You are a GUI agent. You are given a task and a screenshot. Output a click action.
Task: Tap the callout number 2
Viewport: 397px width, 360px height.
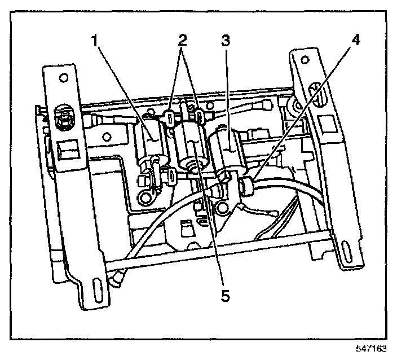click(x=182, y=40)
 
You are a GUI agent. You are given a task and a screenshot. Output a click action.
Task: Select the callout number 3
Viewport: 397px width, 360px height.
click(x=226, y=40)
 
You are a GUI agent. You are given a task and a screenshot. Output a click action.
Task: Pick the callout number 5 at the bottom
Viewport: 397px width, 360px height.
click(x=224, y=295)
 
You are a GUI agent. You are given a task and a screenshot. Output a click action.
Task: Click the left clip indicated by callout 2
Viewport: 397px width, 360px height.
click(x=169, y=117)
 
